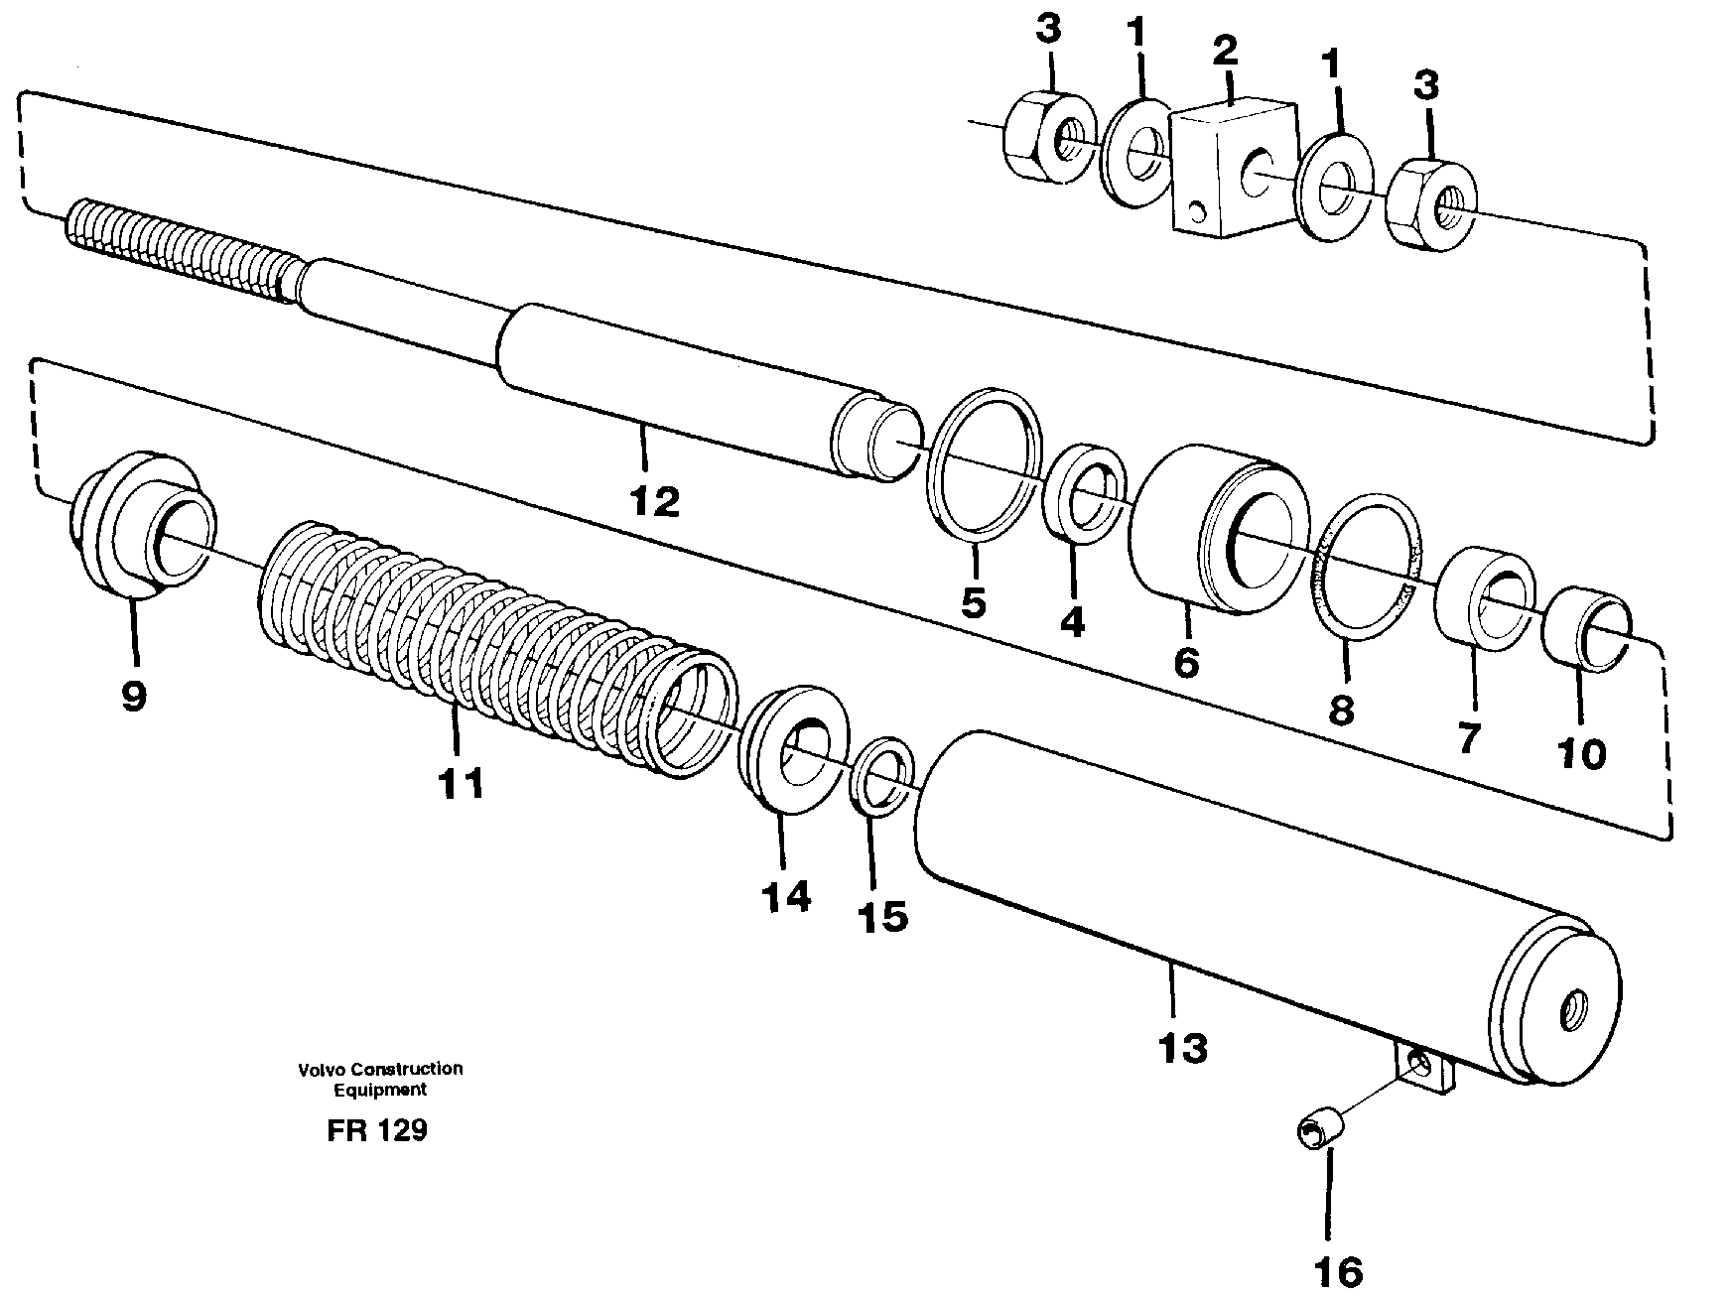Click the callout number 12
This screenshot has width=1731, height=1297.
pyautogui.click(x=654, y=501)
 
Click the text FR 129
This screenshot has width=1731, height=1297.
pyautogui.click(x=377, y=1130)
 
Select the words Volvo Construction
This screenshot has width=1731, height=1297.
pyautogui.click(x=380, y=1069)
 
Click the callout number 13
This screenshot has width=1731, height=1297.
pyautogui.click(x=1181, y=1048)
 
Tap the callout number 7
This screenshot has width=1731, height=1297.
pyautogui.click(x=1467, y=736)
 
